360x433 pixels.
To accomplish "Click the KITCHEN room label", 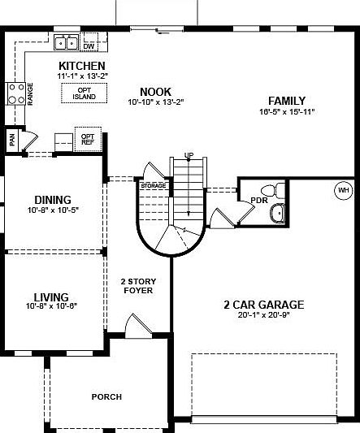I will point(82,66).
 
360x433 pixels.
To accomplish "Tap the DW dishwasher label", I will point(89,36).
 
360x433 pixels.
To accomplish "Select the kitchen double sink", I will point(66,42).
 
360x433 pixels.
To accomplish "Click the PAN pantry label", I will point(12,140).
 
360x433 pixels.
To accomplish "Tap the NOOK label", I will point(155,92).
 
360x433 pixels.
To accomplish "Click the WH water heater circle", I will point(342,192).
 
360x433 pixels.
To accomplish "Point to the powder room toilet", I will point(277,191).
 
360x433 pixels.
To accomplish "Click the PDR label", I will point(259,200).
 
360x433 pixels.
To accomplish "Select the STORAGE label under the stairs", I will point(153,186).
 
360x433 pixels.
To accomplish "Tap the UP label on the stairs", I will point(189,155).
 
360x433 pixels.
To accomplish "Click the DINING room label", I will point(52,200).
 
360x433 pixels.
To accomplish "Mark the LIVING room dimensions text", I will point(52,307).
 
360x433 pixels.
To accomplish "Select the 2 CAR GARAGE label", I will point(264,305).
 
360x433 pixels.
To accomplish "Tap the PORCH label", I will point(106,396).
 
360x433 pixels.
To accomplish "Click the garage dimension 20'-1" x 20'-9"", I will point(264,315).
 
